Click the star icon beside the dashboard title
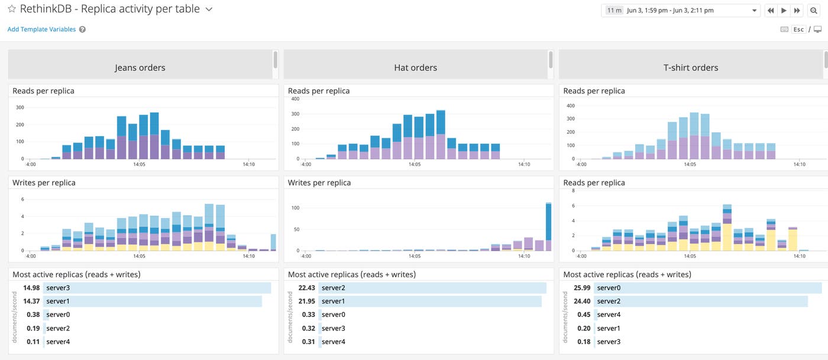click(x=12, y=9)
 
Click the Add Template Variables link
click(x=41, y=29)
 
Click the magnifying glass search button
click(x=813, y=10)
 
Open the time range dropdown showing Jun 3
click(x=680, y=10)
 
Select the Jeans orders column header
click(x=140, y=67)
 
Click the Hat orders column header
click(x=415, y=67)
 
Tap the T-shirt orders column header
click(x=691, y=67)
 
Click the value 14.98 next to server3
click(x=31, y=288)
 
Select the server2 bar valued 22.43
click(x=432, y=288)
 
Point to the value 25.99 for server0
click(x=582, y=288)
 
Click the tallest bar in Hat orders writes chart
click(x=548, y=227)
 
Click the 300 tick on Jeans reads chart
click(x=20, y=107)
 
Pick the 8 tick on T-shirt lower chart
click(x=572, y=191)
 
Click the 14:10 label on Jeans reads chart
click(x=248, y=165)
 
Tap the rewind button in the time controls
click(x=771, y=10)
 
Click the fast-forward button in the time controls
click(x=797, y=10)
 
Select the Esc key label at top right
click(x=798, y=29)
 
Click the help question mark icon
click(x=82, y=29)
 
